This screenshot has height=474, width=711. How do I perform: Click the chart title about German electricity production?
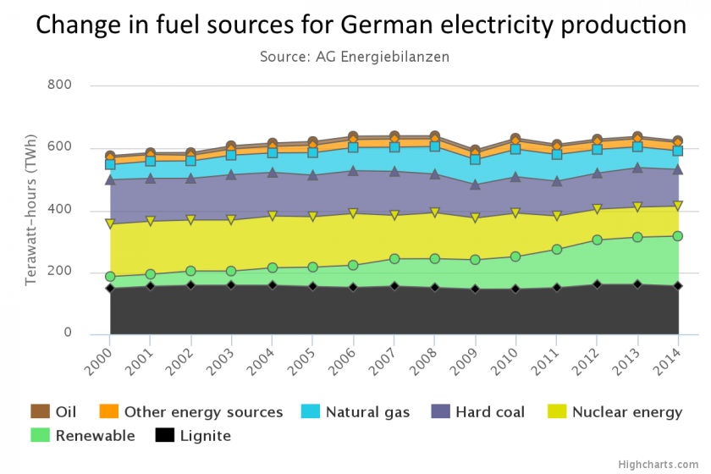point(361,25)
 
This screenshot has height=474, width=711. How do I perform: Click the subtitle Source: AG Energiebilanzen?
point(354,57)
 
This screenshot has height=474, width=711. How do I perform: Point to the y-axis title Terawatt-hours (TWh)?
point(31,208)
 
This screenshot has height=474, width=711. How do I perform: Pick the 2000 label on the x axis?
point(99,353)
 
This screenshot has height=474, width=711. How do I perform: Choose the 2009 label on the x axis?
point(468,353)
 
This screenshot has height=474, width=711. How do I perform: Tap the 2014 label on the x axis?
point(673,353)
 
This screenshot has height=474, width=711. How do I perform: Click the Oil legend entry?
point(55,412)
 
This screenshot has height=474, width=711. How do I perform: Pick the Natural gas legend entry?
point(356,412)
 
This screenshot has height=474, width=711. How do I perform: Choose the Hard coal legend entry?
point(477,412)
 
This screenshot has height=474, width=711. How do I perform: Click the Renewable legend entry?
point(83,436)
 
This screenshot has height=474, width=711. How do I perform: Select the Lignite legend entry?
point(193,436)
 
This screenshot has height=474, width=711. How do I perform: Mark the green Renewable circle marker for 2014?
point(678,235)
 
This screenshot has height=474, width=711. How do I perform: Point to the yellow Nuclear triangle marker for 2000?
point(110,223)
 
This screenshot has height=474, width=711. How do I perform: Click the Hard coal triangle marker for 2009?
point(476,184)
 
